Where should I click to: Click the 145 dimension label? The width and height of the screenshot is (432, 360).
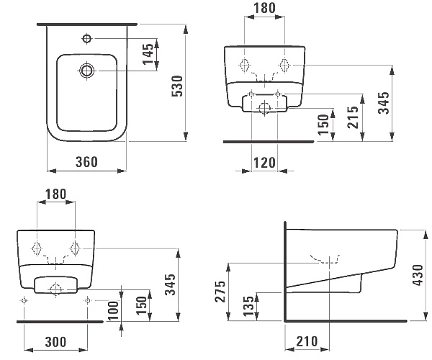click(x=149, y=54)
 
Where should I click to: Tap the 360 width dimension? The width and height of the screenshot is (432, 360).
click(x=86, y=163)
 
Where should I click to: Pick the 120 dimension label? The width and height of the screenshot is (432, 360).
click(x=264, y=163)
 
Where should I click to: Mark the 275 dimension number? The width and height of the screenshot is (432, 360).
click(x=220, y=292)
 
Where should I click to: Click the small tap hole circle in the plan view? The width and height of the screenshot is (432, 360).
click(x=87, y=37)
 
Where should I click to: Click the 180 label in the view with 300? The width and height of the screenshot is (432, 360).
click(x=55, y=195)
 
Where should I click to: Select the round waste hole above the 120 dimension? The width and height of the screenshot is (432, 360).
click(x=264, y=107)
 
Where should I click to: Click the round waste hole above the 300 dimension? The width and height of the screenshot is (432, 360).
click(x=55, y=289)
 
